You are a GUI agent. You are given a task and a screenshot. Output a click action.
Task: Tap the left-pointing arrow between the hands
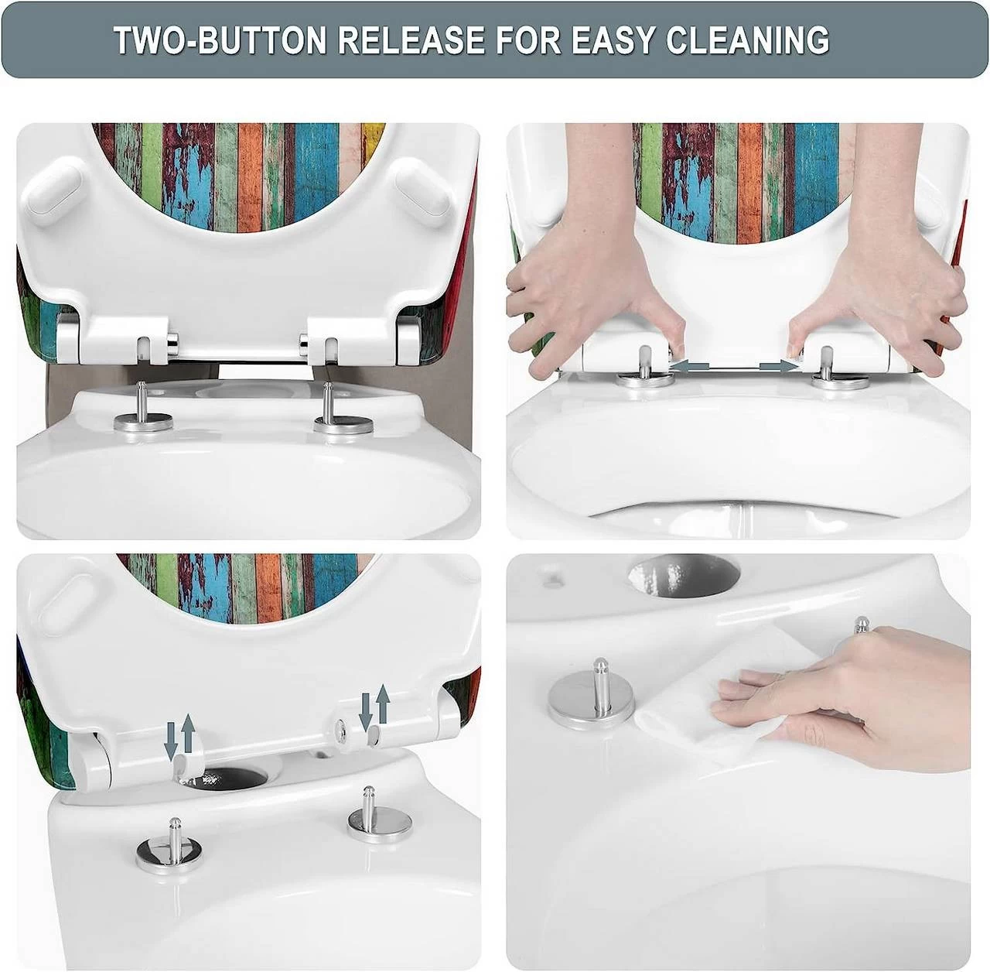click(689, 365)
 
